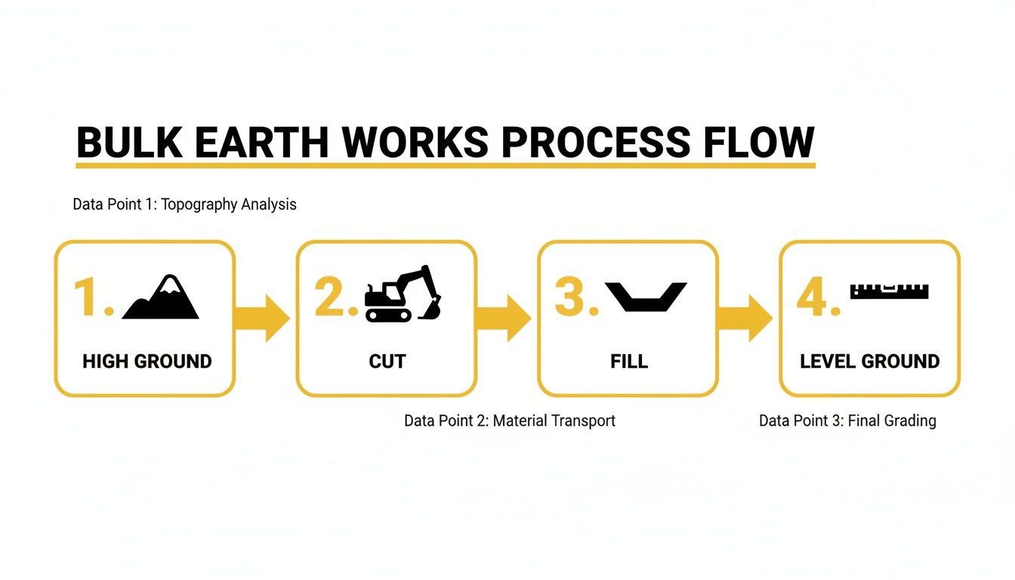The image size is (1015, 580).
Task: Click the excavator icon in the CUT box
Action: click(x=403, y=295)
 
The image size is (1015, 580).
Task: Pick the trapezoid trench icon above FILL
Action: click(x=646, y=296)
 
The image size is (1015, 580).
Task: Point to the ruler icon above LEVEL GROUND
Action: click(x=889, y=291)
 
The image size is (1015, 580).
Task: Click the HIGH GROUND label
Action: click(x=147, y=361)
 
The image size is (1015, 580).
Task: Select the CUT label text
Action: click(x=387, y=361)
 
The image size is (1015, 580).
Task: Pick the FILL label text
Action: click(x=629, y=361)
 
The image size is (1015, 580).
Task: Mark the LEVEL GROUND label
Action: click(x=870, y=361)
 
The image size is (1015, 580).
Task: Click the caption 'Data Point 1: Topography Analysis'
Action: click(x=184, y=205)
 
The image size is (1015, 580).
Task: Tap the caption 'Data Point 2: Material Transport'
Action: click(x=510, y=421)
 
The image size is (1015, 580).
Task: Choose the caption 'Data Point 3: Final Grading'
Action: click(x=847, y=421)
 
